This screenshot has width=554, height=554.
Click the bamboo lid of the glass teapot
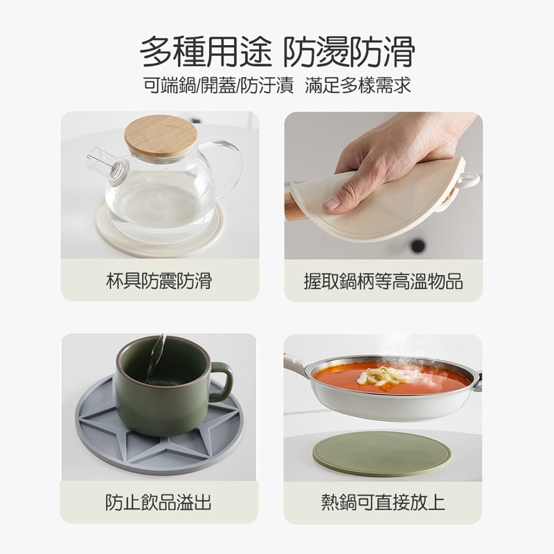click(x=161, y=135)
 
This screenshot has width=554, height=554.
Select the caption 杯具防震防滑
click(x=159, y=281)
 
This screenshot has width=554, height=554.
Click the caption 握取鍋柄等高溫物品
click(x=384, y=281)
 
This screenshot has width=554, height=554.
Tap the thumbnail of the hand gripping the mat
click(x=384, y=186)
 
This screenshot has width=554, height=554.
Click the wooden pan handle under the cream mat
click(x=295, y=206)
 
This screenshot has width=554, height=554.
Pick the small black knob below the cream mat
click(x=418, y=245)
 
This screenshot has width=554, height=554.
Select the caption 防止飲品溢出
click(x=159, y=502)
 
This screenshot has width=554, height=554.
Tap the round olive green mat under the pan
click(x=382, y=454)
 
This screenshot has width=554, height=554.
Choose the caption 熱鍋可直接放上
click(x=383, y=502)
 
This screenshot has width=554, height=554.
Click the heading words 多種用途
click(x=206, y=52)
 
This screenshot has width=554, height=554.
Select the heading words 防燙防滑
click(x=349, y=52)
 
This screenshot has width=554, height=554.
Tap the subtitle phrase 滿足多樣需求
click(x=358, y=85)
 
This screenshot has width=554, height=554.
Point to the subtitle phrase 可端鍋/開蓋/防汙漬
click(x=218, y=85)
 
